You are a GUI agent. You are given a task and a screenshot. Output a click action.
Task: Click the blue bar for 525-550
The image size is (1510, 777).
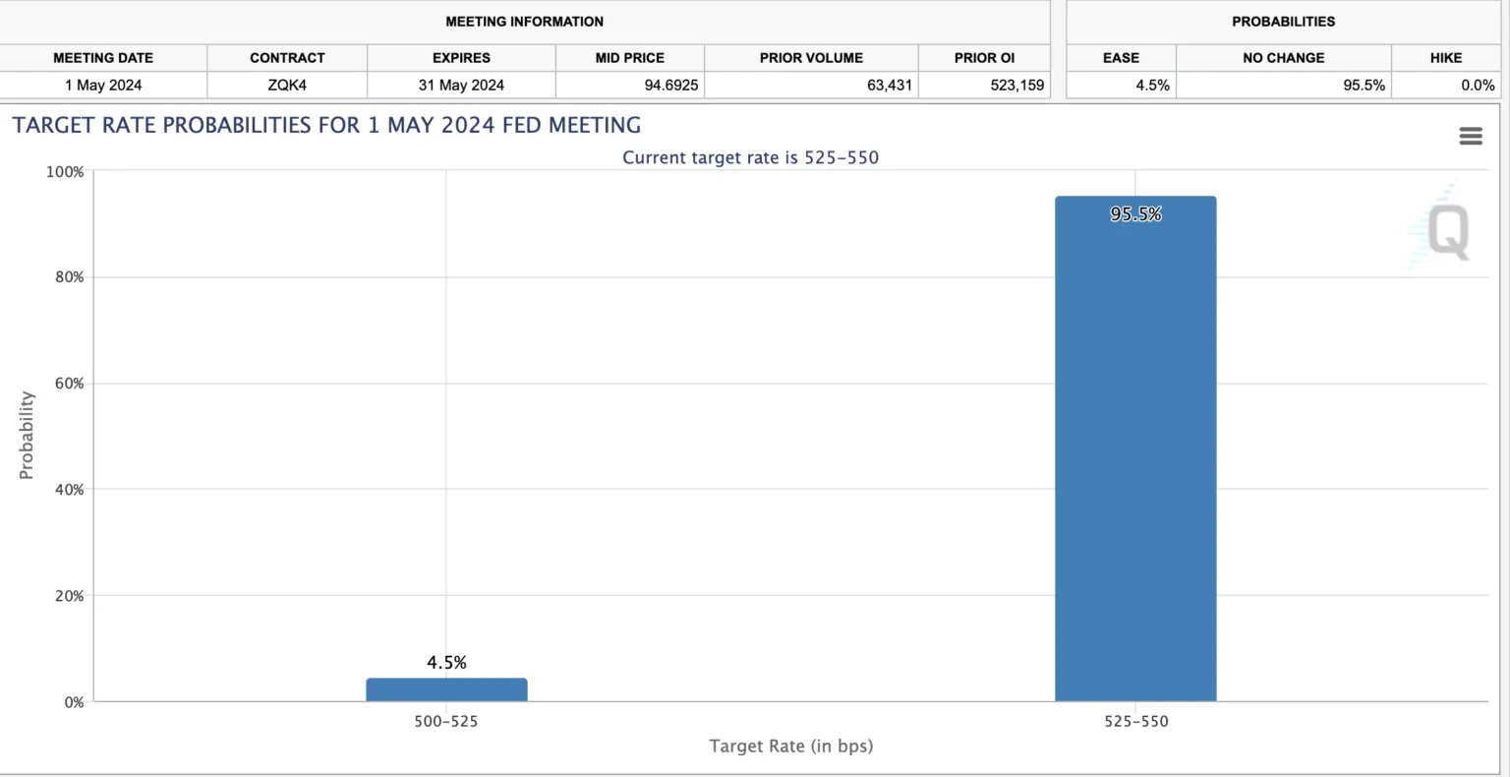(1135, 452)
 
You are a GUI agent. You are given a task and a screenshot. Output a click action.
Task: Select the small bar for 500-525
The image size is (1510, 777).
(446, 689)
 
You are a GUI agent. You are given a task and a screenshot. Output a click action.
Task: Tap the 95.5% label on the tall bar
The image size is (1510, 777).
(1135, 214)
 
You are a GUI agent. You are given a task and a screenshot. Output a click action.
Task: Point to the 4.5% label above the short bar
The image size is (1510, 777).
(446, 663)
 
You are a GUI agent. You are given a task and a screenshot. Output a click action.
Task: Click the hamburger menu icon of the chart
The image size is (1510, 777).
(1471, 137)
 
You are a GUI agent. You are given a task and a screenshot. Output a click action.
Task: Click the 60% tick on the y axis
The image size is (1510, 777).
(69, 384)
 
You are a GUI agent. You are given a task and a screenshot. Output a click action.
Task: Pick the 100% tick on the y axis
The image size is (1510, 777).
(65, 172)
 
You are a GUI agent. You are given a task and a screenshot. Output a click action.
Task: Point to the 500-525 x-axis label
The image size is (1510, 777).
(446, 721)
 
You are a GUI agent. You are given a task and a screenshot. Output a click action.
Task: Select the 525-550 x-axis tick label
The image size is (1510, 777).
(1135, 721)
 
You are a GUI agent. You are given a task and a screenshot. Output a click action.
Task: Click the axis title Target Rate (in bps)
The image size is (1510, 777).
(790, 746)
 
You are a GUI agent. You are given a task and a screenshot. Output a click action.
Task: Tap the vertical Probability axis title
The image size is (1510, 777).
(27, 435)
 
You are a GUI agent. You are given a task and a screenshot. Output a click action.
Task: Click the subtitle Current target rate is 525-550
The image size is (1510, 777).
(750, 157)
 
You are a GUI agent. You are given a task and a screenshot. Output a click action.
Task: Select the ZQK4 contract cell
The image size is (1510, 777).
(287, 86)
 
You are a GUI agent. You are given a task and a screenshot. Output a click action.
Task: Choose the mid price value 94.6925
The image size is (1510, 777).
(670, 86)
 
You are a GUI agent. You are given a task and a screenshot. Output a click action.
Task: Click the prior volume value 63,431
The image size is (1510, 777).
(889, 86)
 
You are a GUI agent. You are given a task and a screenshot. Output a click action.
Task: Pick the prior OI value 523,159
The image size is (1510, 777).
(1016, 86)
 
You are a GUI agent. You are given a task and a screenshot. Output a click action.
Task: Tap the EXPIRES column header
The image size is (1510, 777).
(461, 58)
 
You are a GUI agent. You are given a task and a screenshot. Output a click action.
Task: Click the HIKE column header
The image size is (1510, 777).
(1445, 58)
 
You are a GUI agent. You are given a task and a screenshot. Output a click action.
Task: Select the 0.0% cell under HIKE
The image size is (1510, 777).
(1477, 86)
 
